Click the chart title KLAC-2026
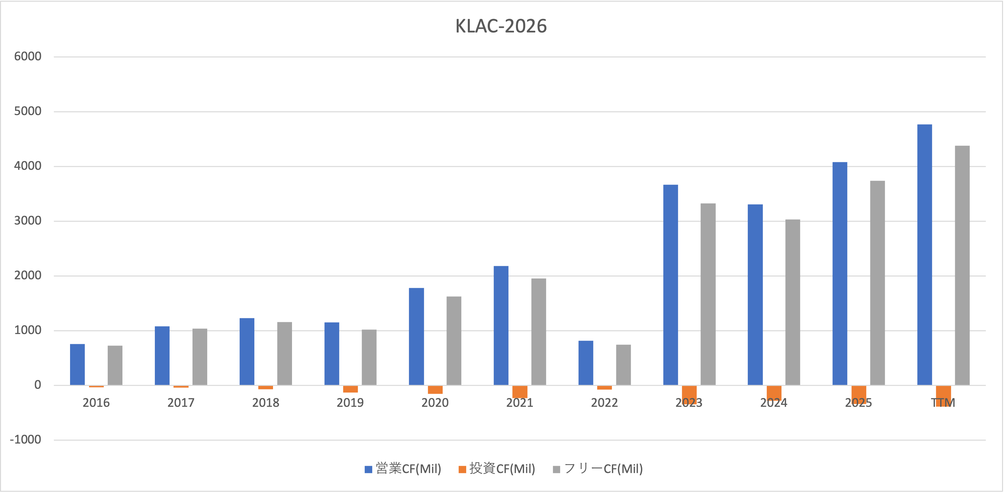[x=501, y=26]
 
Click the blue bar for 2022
[x=586, y=363]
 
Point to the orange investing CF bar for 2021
[x=520, y=391]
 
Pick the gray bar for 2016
[x=115, y=365]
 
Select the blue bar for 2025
[x=840, y=273]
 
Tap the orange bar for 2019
[x=350, y=389]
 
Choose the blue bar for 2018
[x=247, y=351]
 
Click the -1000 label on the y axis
[x=25, y=440]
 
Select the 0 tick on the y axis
[x=37, y=385]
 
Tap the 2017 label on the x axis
[x=181, y=403]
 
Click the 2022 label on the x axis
[x=604, y=403]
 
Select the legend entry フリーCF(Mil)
[x=598, y=469]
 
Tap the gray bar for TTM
[x=962, y=266]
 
